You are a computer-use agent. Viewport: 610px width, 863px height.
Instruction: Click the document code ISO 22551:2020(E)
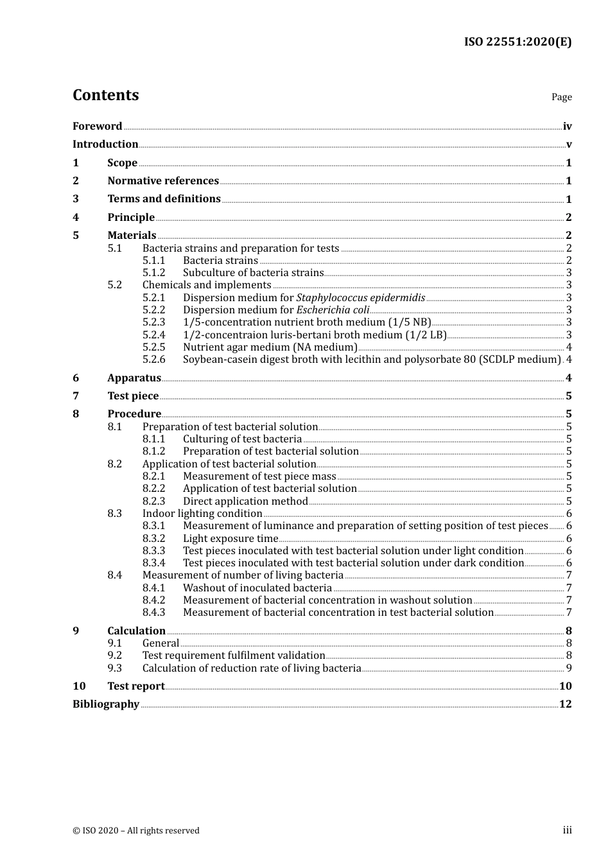(x=518, y=42)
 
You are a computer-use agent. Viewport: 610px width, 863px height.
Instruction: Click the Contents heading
(x=105, y=95)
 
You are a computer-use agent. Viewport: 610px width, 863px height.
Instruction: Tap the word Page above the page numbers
(x=561, y=97)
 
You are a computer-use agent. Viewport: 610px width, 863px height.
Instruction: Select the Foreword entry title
(x=97, y=126)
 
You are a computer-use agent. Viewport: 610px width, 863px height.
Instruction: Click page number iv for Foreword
(x=567, y=126)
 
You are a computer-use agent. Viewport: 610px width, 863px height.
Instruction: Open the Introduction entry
(x=105, y=144)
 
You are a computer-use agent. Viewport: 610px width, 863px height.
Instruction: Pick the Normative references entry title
(x=163, y=180)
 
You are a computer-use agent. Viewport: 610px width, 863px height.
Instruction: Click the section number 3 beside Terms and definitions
(x=76, y=199)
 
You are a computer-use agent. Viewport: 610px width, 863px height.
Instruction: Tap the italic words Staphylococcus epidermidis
(x=360, y=297)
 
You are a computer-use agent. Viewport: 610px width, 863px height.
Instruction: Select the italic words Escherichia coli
(x=333, y=309)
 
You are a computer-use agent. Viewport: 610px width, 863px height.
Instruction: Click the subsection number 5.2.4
(x=153, y=335)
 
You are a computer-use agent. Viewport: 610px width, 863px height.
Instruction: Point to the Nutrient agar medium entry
(x=270, y=347)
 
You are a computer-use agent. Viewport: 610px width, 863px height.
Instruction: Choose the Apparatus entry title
(x=134, y=378)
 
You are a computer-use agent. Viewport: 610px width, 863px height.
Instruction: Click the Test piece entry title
(x=133, y=396)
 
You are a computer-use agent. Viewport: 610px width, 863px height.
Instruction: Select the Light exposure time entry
(x=231, y=538)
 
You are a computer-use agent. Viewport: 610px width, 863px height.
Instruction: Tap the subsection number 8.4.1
(x=153, y=588)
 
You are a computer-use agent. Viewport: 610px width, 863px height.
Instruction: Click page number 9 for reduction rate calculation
(x=569, y=668)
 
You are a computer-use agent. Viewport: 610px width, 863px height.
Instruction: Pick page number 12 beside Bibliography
(x=565, y=704)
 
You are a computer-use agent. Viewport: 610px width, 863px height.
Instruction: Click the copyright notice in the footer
(x=136, y=830)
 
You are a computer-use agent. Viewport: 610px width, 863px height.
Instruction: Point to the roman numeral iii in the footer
(x=567, y=830)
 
